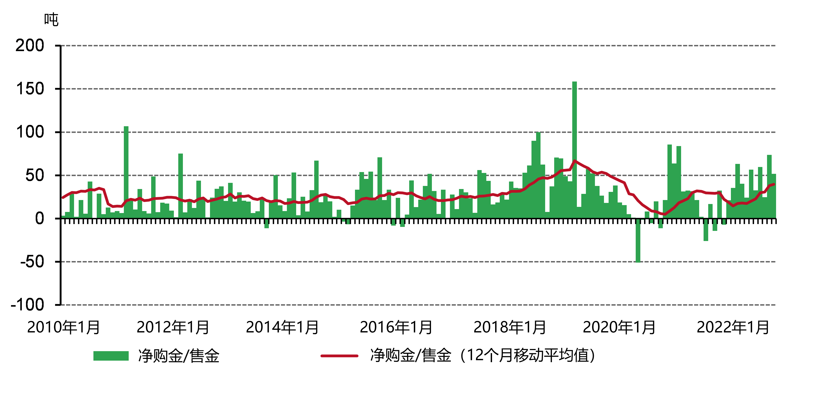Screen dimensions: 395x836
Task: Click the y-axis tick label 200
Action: coord(30,46)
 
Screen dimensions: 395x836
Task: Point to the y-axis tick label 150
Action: coord(30,89)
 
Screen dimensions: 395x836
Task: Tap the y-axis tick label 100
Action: coord(30,132)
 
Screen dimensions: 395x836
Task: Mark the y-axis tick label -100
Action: coord(28,305)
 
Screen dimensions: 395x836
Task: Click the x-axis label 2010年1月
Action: coord(64,327)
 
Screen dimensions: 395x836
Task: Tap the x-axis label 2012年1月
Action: coord(173,327)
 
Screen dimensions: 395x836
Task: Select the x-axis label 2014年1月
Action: coord(282,327)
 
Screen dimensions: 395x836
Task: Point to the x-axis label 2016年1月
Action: coord(396,327)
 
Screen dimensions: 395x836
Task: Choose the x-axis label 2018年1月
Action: coord(510,327)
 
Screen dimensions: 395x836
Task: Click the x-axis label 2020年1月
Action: coord(619,327)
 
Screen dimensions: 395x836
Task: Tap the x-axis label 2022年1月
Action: coord(733,327)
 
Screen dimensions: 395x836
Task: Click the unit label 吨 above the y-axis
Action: coord(51,20)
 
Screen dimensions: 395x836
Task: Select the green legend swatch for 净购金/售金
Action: coord(111,356)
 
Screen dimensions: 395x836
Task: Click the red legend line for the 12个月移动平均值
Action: coord(339,356)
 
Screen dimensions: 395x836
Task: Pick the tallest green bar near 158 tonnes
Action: coord(574,149)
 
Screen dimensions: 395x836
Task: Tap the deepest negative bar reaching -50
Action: coord(638,240)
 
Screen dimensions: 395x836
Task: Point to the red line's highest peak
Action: coord(574,160)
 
